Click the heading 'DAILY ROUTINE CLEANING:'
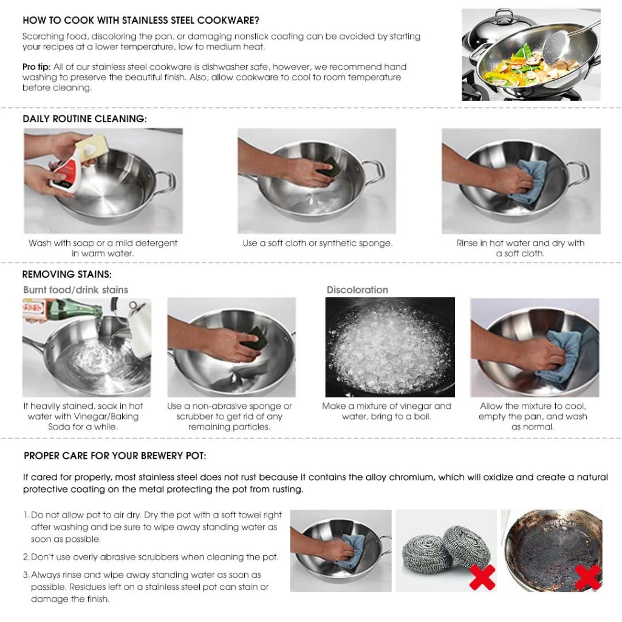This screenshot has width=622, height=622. click(84, 119)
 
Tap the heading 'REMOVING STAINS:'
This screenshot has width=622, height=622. click(67, 275)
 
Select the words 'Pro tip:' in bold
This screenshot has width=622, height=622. click(36, 67)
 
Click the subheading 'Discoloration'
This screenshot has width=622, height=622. click(357, 290)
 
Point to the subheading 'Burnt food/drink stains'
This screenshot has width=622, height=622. click(75, 290)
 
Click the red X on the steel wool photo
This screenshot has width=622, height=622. click(482, 577)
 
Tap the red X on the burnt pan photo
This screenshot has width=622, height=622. click(587, 577)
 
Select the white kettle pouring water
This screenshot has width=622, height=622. click(138, 328)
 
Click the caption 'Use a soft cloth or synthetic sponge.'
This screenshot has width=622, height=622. click(317, 243)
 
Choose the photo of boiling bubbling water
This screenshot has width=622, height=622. click(389, 347)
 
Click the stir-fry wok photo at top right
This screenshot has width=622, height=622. click(531, 55)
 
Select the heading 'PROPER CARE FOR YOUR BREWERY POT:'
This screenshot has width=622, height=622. click(115, 456)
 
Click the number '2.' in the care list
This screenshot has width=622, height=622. click(26, 557)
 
